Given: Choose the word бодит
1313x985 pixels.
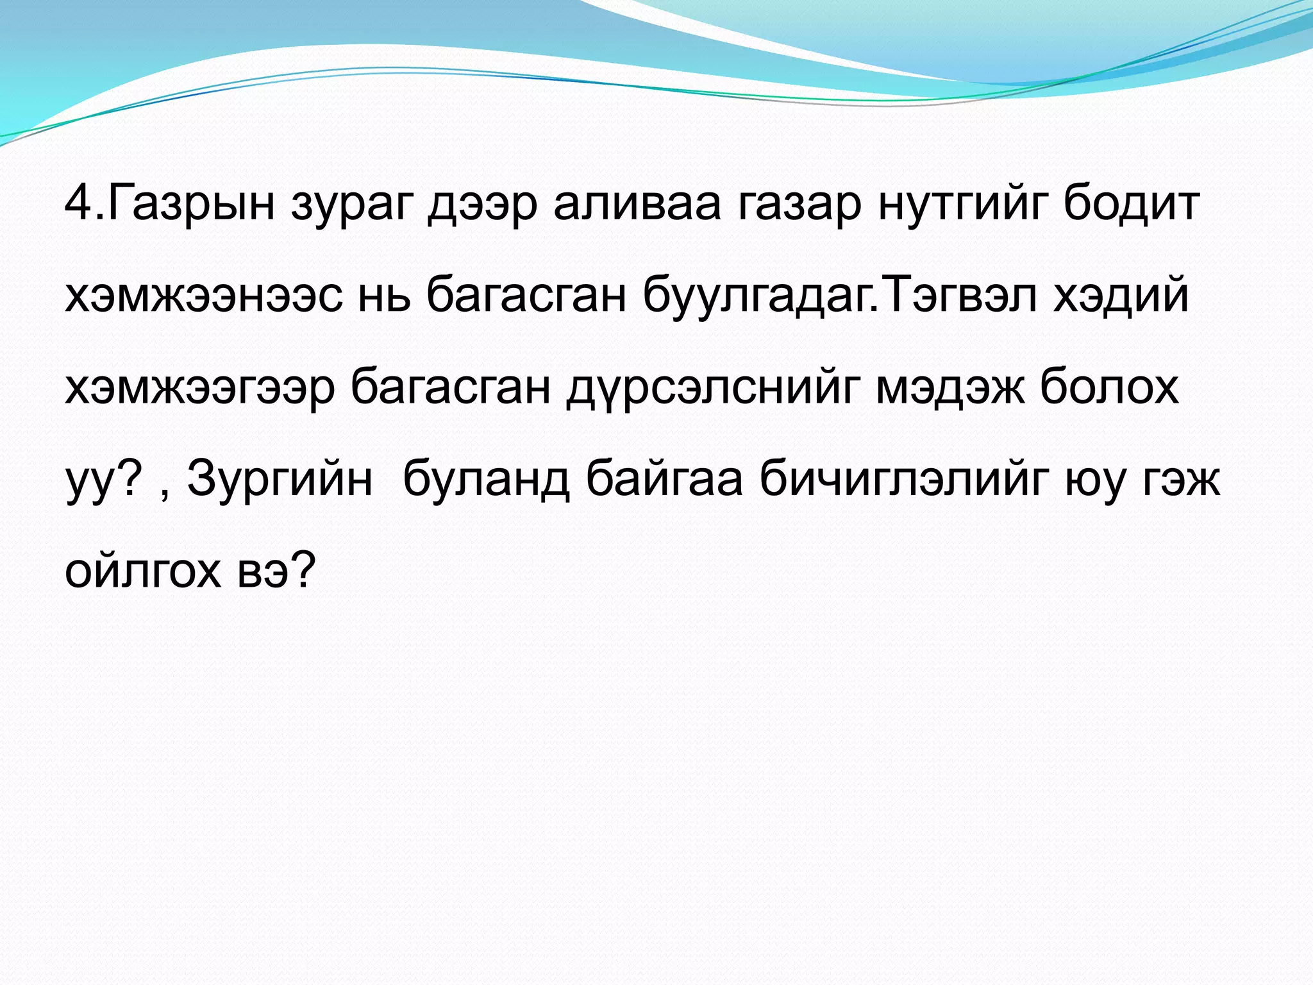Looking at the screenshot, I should coord(1132,204).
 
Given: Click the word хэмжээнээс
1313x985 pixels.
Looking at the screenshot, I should coord(204,296).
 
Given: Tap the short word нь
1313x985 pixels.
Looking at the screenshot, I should coord(383,296).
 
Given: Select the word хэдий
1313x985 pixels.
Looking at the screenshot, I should coord(1121,296).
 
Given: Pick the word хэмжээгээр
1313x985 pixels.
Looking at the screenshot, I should coord(199,388).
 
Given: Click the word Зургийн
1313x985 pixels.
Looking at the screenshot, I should coord(280,480).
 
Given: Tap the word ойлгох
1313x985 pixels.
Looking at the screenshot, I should coord(142,571).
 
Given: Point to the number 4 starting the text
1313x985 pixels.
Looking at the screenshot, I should coord(79,204).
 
